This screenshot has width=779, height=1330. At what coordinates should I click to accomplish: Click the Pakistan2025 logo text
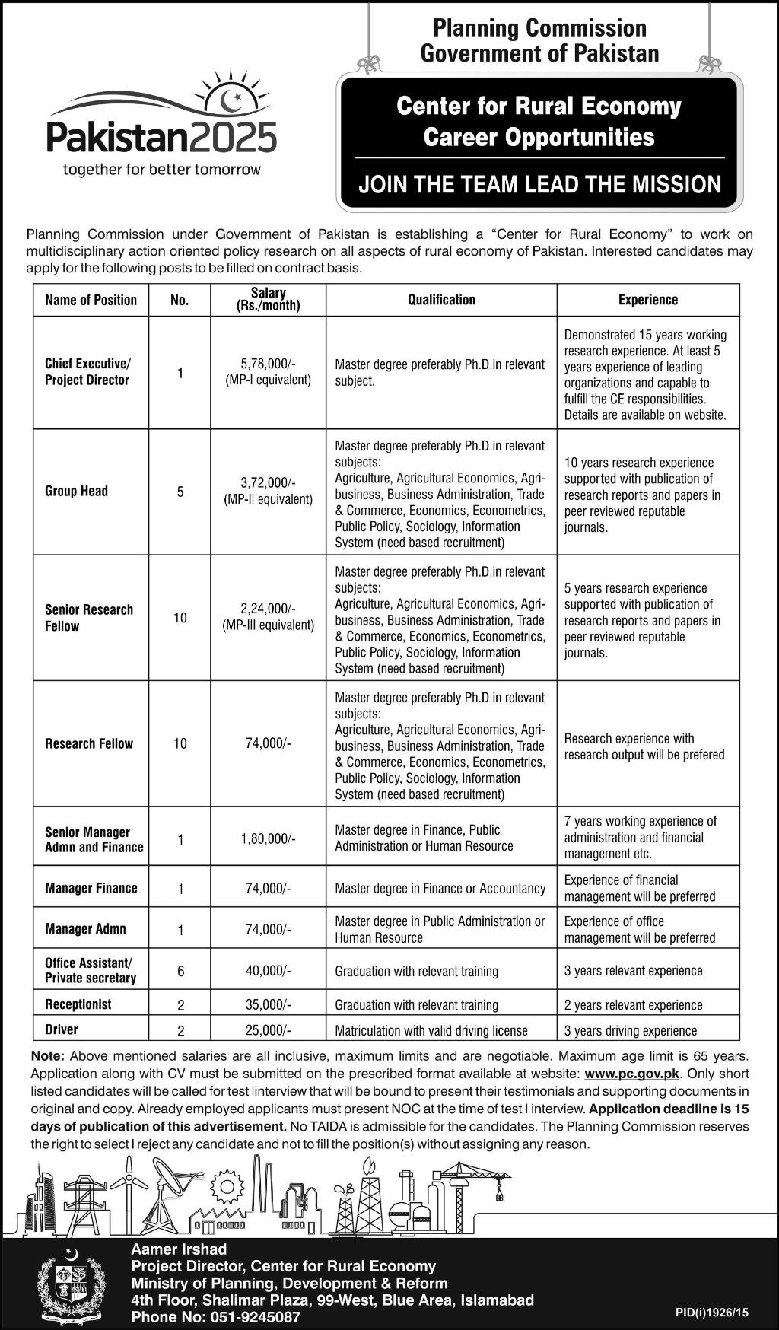(161, 138)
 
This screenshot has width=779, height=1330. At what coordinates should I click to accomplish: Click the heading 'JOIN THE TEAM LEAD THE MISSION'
(539, 184)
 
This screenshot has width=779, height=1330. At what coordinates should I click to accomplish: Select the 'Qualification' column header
(441, 300)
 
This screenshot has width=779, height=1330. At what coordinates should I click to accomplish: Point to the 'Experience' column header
(647, 300)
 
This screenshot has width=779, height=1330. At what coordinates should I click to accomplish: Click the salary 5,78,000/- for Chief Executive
(269, 364)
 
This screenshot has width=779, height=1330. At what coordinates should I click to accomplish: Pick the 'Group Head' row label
(76, 492)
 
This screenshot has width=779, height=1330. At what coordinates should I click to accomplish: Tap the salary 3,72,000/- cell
(269, 482)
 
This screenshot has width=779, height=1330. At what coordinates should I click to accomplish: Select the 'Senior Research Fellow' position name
(89, 618)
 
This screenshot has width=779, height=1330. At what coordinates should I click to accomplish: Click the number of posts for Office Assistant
(180, 971)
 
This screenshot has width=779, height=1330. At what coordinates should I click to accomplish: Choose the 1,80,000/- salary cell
(269, 839)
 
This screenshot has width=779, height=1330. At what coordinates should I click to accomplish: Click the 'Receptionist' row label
(78, 1004)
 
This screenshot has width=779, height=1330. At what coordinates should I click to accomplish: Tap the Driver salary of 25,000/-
(269, 1030)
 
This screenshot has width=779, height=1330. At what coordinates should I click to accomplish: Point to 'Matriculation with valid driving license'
(431, 1030)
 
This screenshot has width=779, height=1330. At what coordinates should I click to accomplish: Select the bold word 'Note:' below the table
(48, 1056)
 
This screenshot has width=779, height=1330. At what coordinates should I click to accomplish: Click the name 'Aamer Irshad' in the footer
(179, 1249)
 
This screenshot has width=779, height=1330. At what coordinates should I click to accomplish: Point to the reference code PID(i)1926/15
(712, 1312)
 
